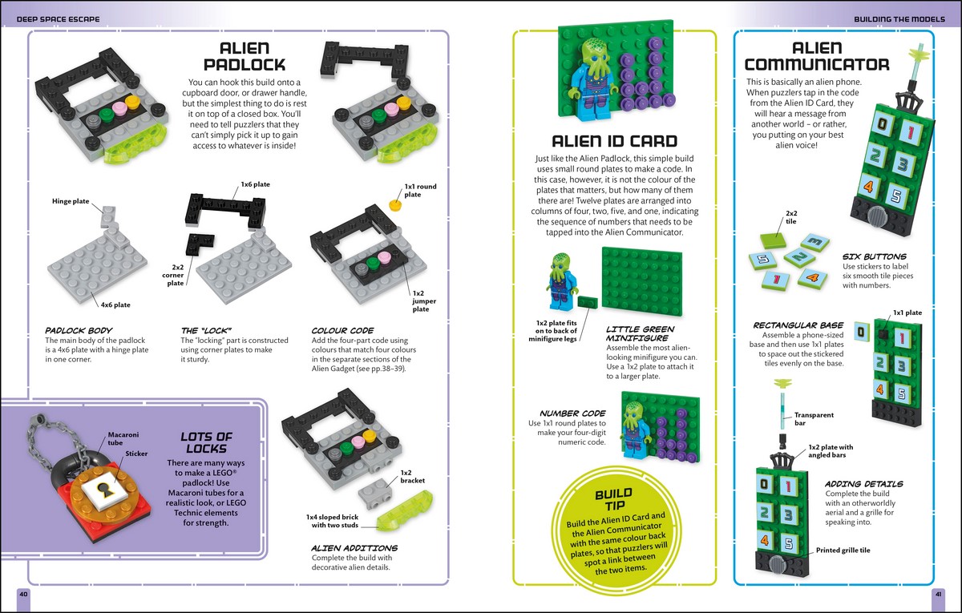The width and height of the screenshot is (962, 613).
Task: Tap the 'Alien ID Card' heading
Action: tap(615, 141)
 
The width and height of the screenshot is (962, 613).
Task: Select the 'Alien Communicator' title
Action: tap(816, 56)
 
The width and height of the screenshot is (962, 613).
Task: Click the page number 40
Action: tap(23, 594)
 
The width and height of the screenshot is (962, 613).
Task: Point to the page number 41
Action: tap(938, 594)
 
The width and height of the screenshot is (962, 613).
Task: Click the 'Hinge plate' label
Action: tap(71, 201)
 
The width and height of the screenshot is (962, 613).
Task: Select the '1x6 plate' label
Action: tap(254, 184)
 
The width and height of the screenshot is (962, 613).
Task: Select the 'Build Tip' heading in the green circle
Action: tap(613, 499)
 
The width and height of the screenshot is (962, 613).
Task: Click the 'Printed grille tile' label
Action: tap(842, 550)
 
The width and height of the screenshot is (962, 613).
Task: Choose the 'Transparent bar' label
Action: tap(814, 419)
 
